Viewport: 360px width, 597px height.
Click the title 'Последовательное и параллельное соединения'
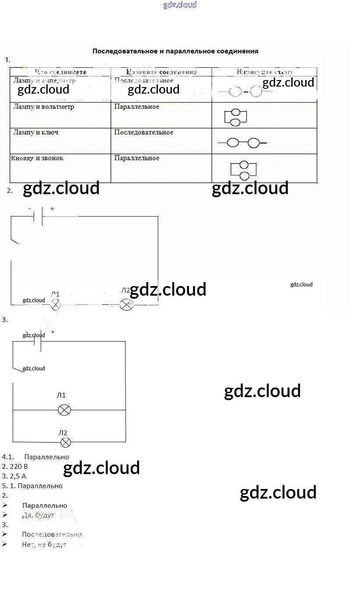pos(175,51)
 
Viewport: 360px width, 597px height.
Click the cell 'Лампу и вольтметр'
pos(44,107)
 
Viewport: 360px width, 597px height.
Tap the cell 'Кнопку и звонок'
pos(37,158)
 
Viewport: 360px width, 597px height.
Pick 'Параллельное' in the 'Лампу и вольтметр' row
pos(136,107)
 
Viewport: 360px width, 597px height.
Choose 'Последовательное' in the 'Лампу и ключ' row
pos(143,133)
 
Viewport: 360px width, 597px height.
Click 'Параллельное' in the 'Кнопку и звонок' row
pos(136,158)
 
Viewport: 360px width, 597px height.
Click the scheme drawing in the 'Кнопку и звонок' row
pos(243,170)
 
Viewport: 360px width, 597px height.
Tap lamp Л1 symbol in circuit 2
pos(56,305)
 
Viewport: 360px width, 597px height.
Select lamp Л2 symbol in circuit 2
pos(126,304)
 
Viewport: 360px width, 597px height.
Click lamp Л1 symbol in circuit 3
pos(64,410)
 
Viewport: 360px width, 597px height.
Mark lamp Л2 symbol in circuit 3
pos(66,443)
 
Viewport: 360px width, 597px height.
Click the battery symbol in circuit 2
pos(38,216)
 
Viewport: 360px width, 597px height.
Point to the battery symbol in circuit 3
pos(38,342)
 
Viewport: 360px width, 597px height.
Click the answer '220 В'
pos(18,467)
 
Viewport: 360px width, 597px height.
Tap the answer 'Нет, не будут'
pos(44,545)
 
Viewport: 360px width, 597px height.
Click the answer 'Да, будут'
pos(38,515)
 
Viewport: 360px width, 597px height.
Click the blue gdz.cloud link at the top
pos(180,5)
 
